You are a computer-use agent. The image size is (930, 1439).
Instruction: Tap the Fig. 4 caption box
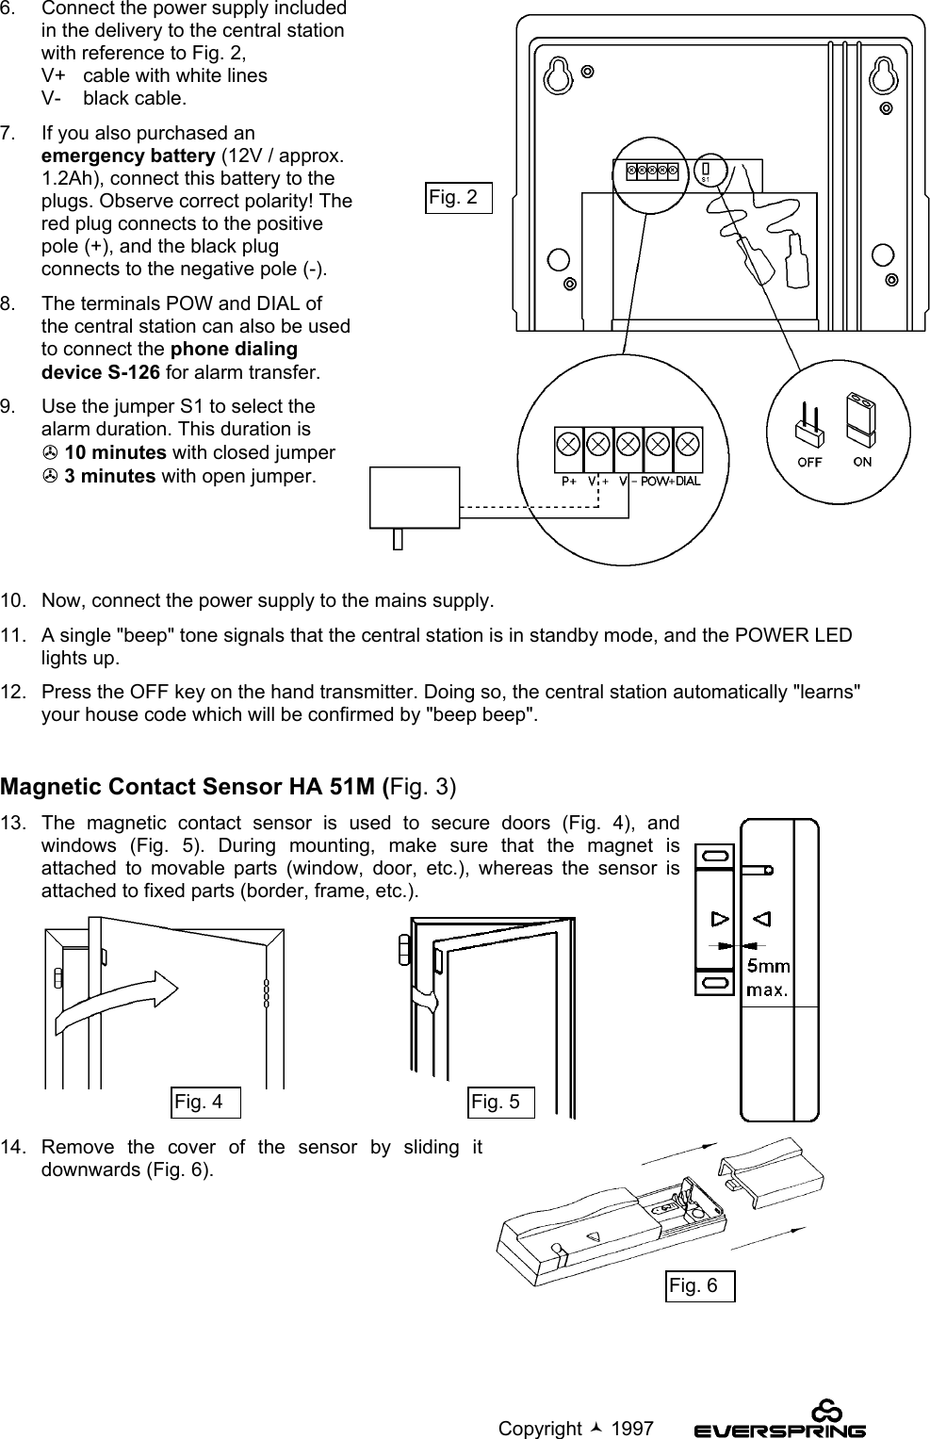point(204,1102)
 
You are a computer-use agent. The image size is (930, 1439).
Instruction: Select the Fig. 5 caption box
point(501,1102)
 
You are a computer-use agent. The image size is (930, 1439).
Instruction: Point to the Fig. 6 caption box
point(699,1285)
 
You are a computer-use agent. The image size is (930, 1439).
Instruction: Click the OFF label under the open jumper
point(809,462)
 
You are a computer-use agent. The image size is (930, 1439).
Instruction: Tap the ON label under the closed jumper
point(862,462)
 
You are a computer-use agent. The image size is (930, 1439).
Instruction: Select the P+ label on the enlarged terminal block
point(569,480)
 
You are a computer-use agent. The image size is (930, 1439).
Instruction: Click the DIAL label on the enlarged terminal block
point(689,480)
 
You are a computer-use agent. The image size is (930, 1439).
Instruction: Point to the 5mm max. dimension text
point(768,977)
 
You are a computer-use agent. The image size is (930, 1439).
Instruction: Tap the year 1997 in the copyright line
point(632,1429)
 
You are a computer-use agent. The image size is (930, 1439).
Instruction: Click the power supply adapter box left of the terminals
point(416,499)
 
